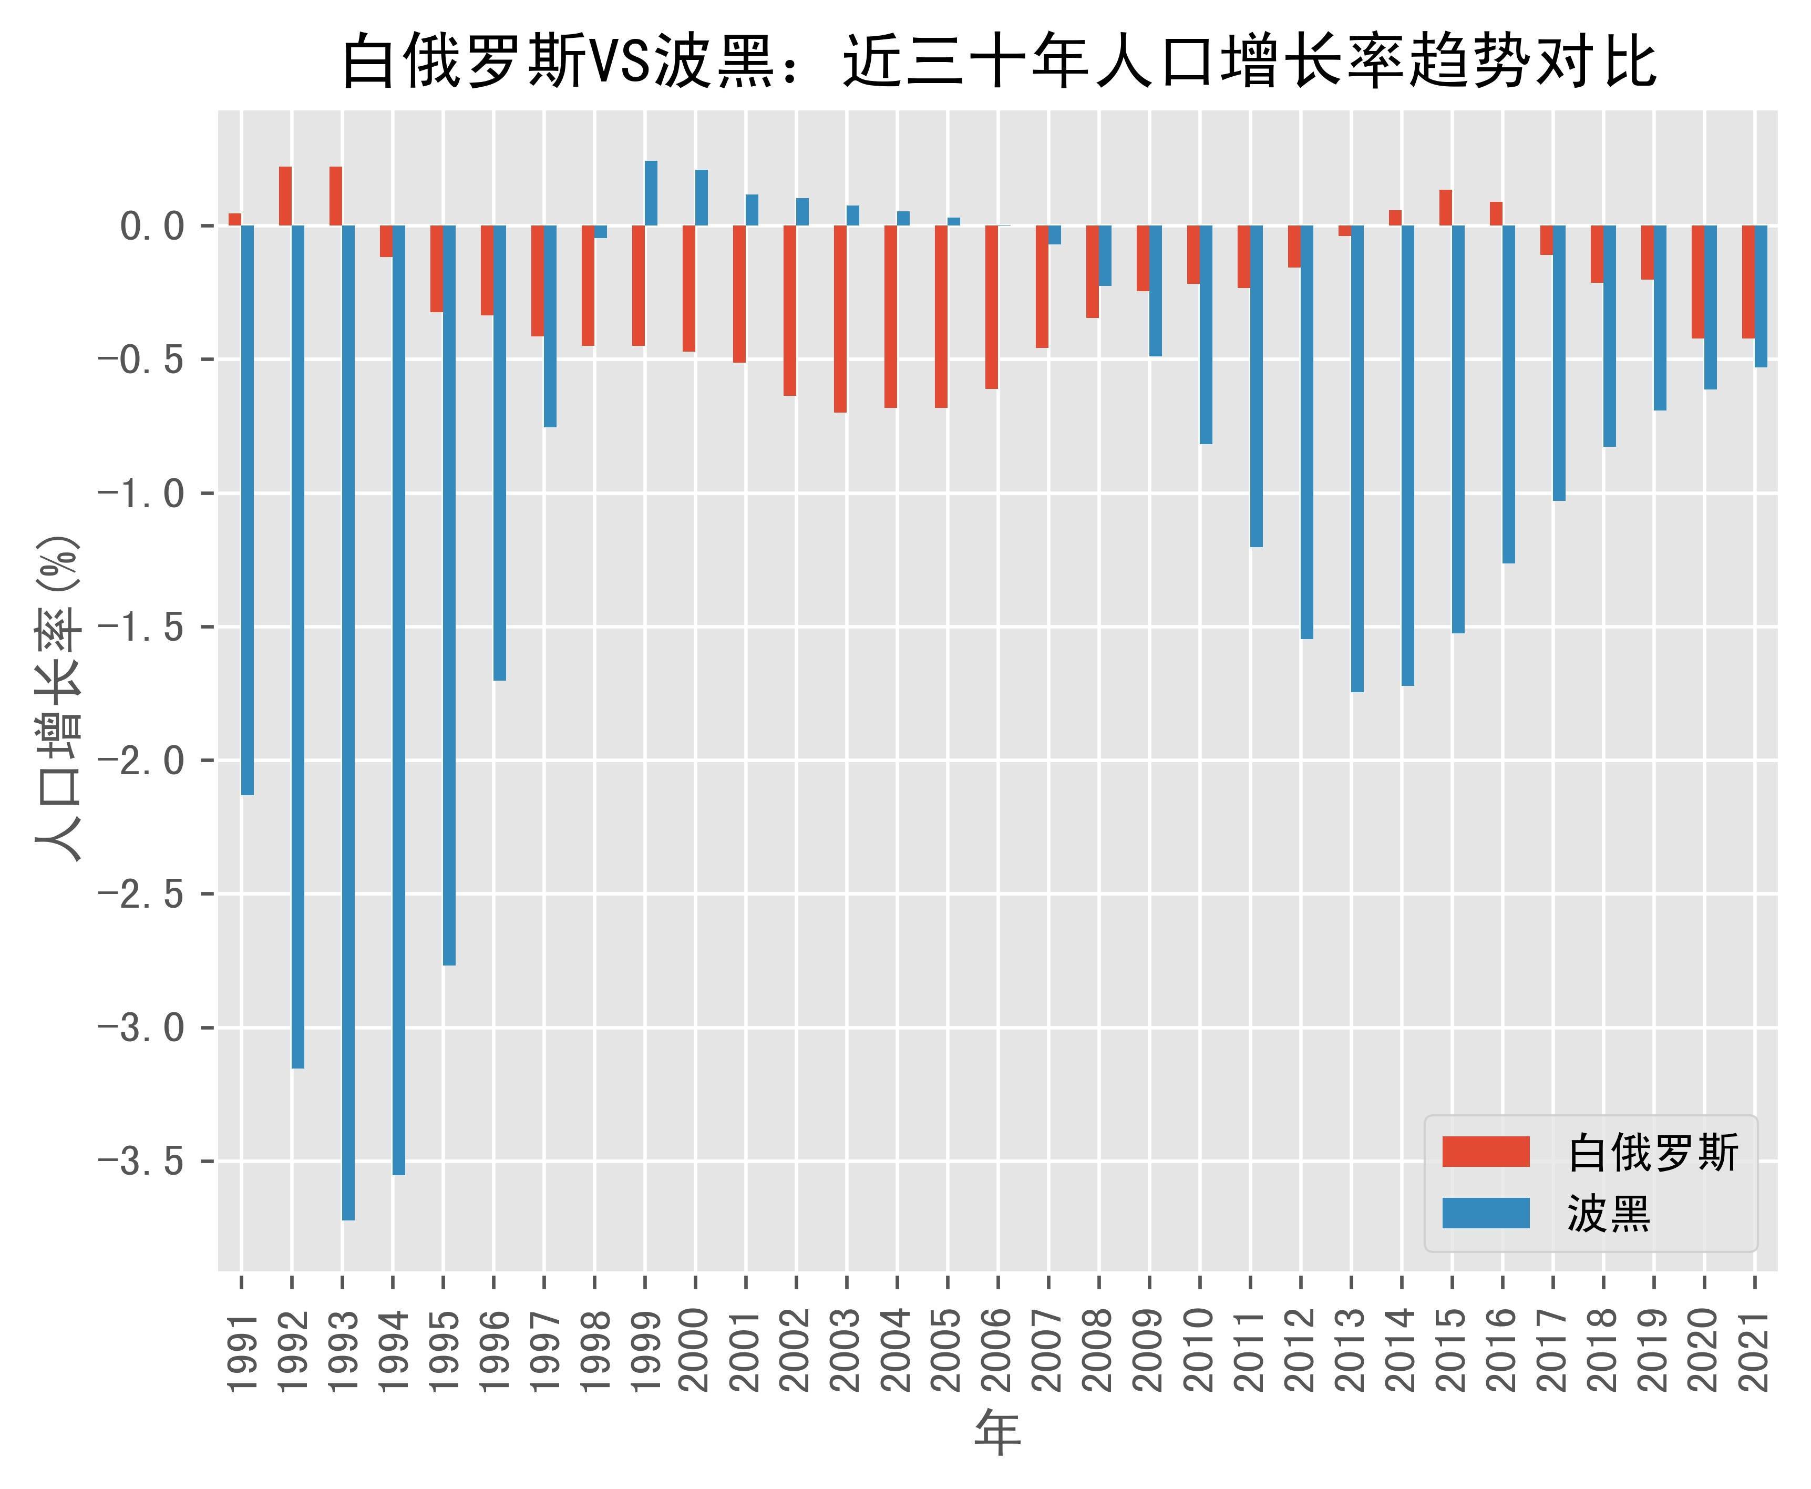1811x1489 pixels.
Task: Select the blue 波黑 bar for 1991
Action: point(247,510)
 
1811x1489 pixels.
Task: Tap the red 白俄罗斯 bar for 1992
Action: point(285,197)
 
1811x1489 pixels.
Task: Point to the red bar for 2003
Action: point(840,319)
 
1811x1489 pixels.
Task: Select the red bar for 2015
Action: point(1446,208)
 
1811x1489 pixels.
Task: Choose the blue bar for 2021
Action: point(1761,297)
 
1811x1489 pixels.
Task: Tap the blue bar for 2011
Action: point(1256,386)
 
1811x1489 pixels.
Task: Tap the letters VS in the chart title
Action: point(619,63)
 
